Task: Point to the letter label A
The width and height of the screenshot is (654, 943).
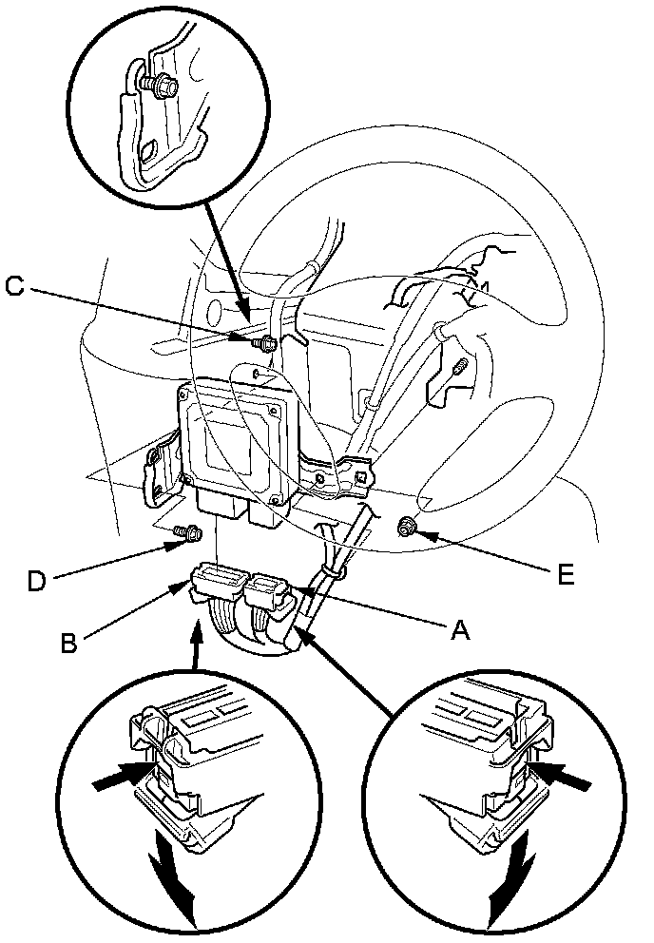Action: click(461, 630)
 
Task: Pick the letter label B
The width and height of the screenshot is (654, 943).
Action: click(68, 644)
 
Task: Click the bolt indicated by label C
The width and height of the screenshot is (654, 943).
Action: click(265, 342)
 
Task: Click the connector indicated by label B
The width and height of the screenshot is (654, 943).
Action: click(218, 582)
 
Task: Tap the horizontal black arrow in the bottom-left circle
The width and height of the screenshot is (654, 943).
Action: click(123, 779)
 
